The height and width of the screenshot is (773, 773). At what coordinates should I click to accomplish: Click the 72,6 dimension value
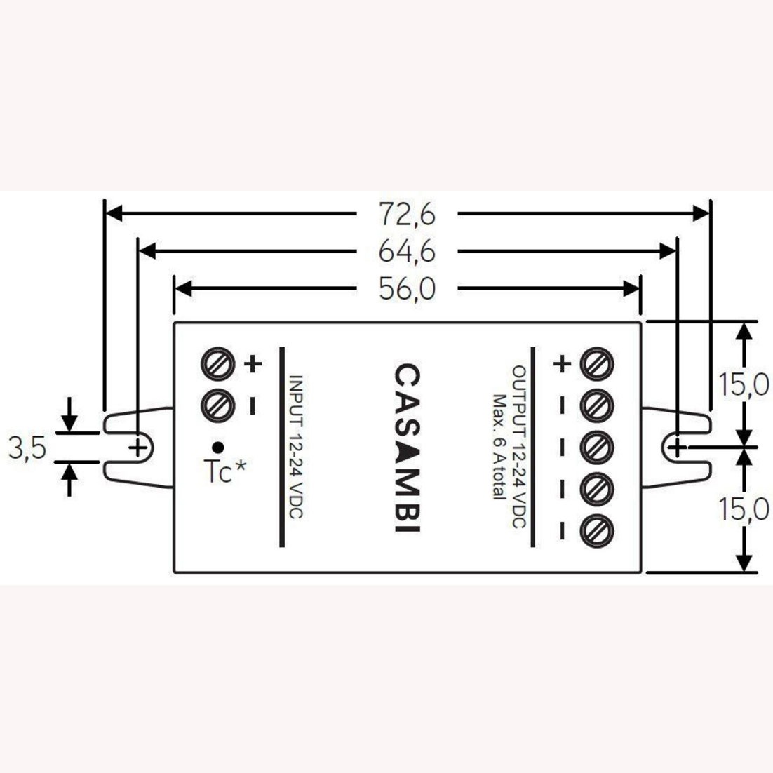click(408, 215)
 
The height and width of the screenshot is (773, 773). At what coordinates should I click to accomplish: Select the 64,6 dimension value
click(408, 251)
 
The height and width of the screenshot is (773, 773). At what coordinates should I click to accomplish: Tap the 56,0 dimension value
click(408, 288)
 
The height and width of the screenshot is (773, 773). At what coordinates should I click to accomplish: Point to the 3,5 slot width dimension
click(27, 448)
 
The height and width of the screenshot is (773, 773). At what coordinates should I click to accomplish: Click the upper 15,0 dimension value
click(743, 384)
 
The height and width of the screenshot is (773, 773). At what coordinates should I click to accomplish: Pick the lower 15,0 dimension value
click(743, 509)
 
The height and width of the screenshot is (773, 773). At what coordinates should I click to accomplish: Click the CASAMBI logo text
click(408, 448)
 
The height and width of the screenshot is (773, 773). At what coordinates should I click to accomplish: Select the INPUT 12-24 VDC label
click(295, 447)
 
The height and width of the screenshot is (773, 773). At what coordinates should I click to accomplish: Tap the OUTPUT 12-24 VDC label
click(519, 447)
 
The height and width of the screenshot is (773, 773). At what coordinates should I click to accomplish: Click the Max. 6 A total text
click(500, 447)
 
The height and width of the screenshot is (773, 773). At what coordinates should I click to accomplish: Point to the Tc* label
click(224, 471)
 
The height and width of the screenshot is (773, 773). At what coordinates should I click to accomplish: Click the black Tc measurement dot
click(217, 447)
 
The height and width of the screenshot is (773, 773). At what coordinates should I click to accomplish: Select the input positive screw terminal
click(217, 364)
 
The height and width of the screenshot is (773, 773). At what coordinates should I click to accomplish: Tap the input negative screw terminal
click(217, 405)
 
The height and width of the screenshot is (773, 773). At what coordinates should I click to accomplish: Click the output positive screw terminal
click(597, 364)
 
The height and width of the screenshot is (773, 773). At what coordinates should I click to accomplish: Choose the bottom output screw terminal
click(597, 531)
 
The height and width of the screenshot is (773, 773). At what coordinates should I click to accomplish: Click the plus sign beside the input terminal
click(253, 364)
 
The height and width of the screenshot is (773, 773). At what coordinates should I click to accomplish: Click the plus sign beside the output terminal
click(562, 364)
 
